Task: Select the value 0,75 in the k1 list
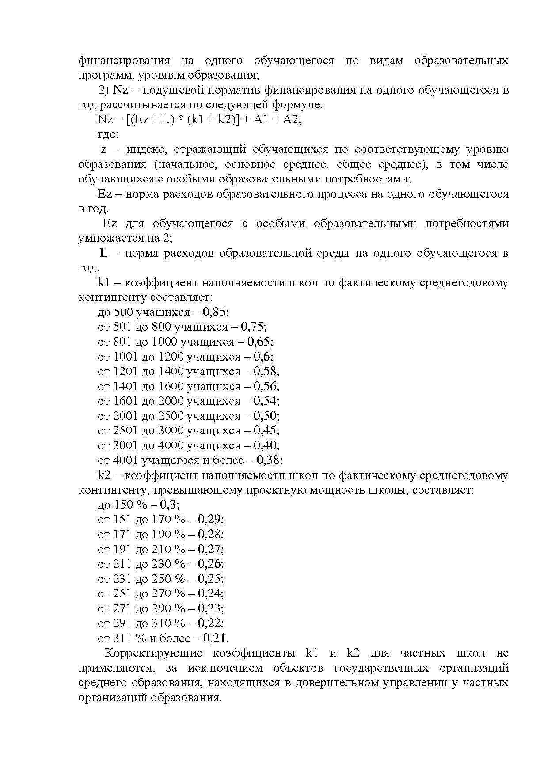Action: point(253,327)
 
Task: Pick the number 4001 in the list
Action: point(126,460)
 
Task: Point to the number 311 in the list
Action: point(123,638)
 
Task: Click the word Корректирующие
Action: point(153,653)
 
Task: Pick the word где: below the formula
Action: point(108,134)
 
